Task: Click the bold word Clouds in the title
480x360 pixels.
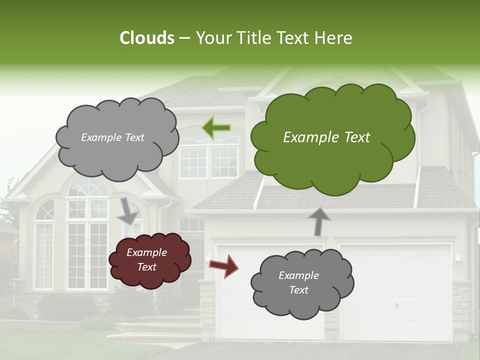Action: tap(147, 38)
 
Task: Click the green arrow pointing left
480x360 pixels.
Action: tap(216, 127)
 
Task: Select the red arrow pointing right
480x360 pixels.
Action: tap(223, 265)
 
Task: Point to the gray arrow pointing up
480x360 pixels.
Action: tap(318, 221)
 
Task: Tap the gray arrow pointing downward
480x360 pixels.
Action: tap(127, 210)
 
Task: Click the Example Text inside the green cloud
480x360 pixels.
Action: tap(326, 137)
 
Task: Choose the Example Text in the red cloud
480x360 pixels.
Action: tap(147, 260)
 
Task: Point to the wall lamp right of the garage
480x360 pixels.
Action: tap(458, 259)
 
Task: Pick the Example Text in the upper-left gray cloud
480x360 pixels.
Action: tap(112, 137)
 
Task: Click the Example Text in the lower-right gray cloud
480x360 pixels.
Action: tap(298, 282)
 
